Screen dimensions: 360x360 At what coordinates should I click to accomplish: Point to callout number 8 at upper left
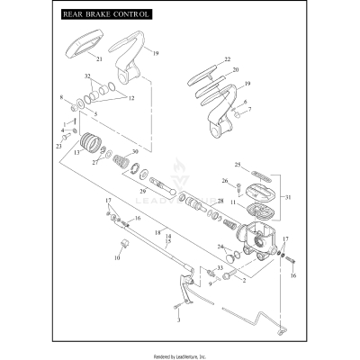(x=60, y=96)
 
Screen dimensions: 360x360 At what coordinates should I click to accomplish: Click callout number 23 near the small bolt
(x=59, y=145)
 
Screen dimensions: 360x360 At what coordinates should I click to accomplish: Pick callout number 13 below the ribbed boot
(x=78, y=154)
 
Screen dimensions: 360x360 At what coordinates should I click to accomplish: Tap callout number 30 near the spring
(x=135, y=152)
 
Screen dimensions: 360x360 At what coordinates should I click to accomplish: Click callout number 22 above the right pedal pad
(x=227, y=58)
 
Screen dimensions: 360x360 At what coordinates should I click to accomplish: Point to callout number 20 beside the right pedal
(x=235, y=69)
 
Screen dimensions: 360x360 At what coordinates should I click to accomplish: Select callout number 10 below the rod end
(x=116, y=257)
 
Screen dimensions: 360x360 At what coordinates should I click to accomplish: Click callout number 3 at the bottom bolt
(x=178, y=319)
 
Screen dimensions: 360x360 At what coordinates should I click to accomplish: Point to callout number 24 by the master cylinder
(x=220, y=246)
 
